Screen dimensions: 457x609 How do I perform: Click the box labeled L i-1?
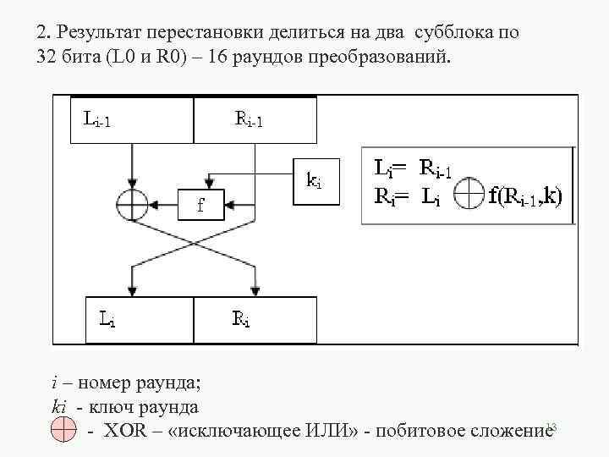click(x=123, y=119)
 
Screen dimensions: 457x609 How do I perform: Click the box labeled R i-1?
click(x=255, y=119)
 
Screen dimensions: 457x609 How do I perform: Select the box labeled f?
click(x=200, y=203)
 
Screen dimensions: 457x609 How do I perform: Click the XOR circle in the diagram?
click(x=131, y=203)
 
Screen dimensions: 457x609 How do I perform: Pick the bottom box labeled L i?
click(x=140, y=319)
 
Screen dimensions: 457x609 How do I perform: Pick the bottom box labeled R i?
click(x=255, y=319)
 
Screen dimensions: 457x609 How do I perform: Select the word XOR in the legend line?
click(x=126, y=432)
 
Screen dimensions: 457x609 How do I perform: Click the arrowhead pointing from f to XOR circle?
click(x=154, y=203)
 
